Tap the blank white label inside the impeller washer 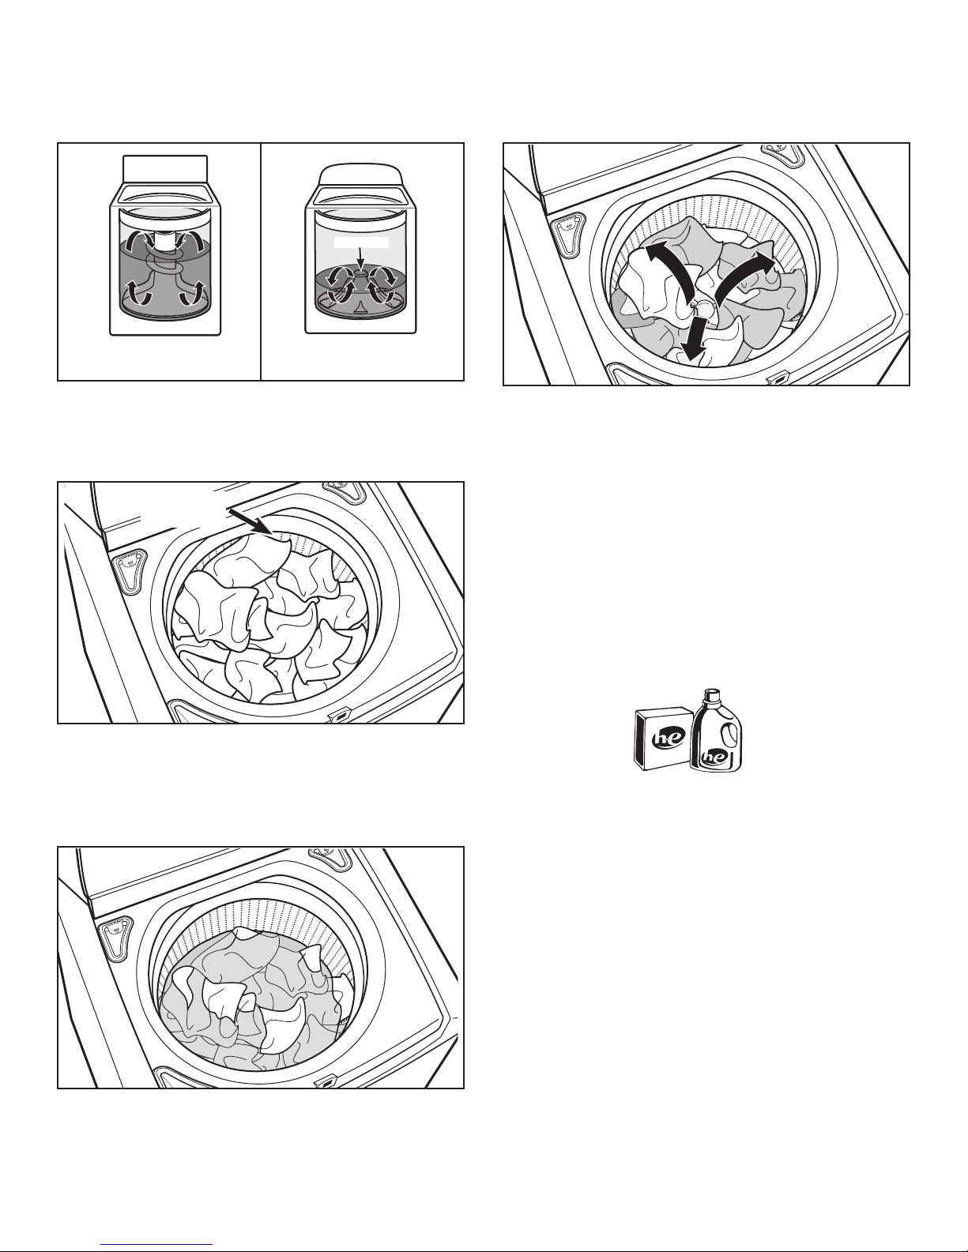(362, 242)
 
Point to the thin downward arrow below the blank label (360, 258)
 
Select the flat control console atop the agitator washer (165, 169)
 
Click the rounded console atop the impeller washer (360, 174)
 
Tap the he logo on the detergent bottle (714, 756)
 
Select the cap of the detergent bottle (713, 695)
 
